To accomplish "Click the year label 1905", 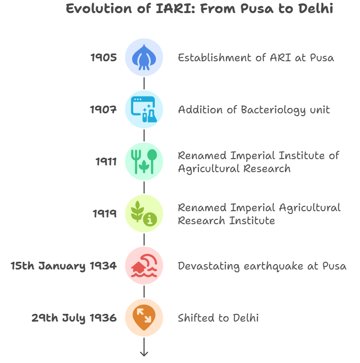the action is click(103, 57).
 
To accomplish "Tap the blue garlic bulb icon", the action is click(144, 57).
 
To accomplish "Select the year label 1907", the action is click(103, 109).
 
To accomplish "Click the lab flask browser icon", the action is click(144, 109).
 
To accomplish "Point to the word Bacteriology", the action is click(273, 110).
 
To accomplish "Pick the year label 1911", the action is click(106, 161).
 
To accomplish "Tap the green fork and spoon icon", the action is click(144, 161).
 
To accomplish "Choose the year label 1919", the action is click(105, 214).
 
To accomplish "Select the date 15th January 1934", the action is click(64, 266).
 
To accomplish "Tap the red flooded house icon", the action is click(144, 266).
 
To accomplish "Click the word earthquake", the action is click(273, 267).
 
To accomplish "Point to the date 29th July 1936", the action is click(74, 318).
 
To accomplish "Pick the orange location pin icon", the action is click(144, 317).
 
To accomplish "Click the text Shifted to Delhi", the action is click(218, 318).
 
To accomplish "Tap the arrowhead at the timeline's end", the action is click(144, 354).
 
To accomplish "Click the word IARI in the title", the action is click(175, 9).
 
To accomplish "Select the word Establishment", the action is click(214, 57).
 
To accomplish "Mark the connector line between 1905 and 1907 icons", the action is click(144, 83).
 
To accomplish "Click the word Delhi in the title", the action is click(316, 9).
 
